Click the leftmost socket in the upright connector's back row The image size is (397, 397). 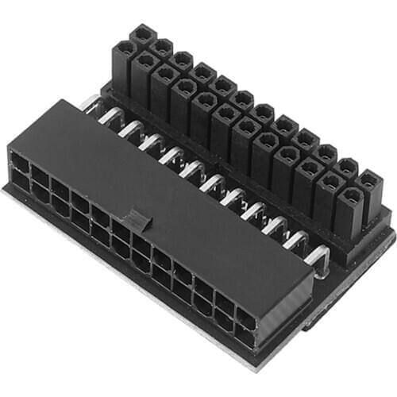click(x=142, y=34)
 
